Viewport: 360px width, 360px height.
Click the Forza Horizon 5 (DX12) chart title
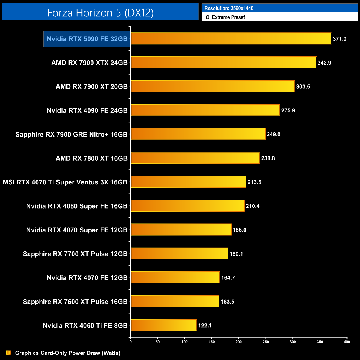coord(100,12)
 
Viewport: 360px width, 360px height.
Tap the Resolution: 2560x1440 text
coord(229,8)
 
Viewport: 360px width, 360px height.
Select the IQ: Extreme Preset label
coord(225,17)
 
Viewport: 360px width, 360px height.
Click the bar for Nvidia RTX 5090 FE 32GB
coord(231,38)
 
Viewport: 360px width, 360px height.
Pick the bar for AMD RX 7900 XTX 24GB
coord(223,62)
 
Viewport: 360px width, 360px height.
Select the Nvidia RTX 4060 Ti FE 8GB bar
coord(164,325)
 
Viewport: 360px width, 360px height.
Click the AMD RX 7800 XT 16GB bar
coord(195,158)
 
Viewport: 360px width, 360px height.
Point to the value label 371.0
coord(340,39)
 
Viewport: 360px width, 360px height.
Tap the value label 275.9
coord(288,110)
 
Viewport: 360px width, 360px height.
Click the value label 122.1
coord(205,325)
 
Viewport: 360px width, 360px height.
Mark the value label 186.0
coord(240,230)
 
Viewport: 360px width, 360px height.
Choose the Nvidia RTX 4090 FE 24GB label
coord(87,110)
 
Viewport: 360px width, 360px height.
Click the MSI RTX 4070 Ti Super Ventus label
coord(65,182)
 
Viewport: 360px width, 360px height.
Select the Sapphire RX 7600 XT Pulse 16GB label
coord(75,302)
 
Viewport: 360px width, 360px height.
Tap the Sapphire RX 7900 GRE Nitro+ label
coord(71,134)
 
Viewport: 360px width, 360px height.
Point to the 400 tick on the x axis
coord(347,342)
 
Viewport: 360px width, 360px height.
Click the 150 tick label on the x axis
coord(212,342)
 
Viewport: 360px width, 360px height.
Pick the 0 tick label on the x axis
coord(130,342)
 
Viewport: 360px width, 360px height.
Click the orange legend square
coord(8,353)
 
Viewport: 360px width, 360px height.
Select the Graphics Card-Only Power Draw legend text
coord(68,353)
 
